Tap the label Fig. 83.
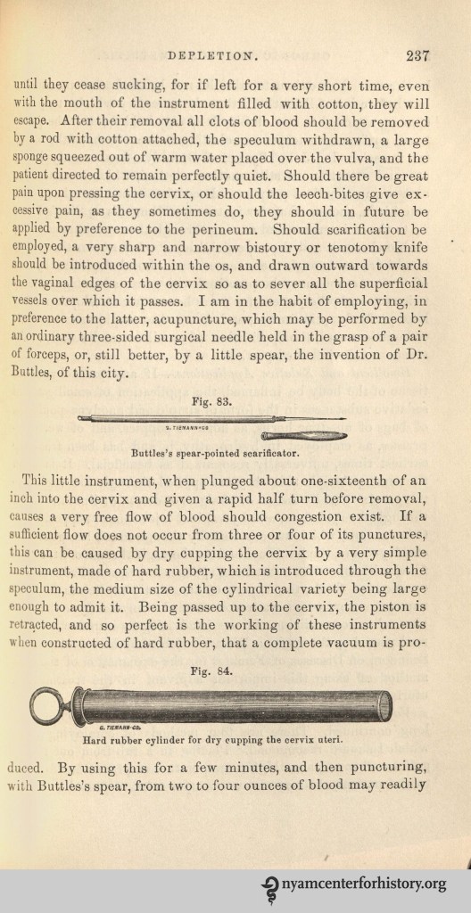click(211, 401)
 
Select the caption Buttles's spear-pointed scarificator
click(211, 452)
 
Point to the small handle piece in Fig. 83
click(303, 435)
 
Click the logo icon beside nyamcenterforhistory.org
click(268, 885)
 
